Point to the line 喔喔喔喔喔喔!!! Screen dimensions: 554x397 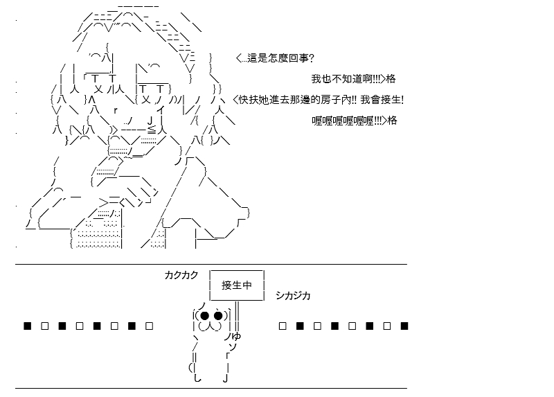click(347, 121)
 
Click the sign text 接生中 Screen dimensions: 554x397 click(237, 285)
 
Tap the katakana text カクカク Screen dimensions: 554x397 click(181, 275)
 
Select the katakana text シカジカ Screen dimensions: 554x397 click(293, 296)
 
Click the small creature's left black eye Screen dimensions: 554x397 click(204, 315)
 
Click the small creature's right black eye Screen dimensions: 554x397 click(218, 315)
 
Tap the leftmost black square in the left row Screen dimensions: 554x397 click(28, 326)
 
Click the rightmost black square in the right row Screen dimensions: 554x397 click(404, 326)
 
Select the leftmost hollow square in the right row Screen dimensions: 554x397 click(283, 326)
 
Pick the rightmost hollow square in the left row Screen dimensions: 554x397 click(149, 326)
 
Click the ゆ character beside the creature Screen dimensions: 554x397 click(236, 336)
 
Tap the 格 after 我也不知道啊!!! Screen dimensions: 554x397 click(391, 79)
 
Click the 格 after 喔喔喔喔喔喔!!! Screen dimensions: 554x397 click(392, 121)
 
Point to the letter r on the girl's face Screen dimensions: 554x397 click(116, 111)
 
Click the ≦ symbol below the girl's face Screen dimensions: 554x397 click(152, 130)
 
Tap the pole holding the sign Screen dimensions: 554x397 click(237, 316)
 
